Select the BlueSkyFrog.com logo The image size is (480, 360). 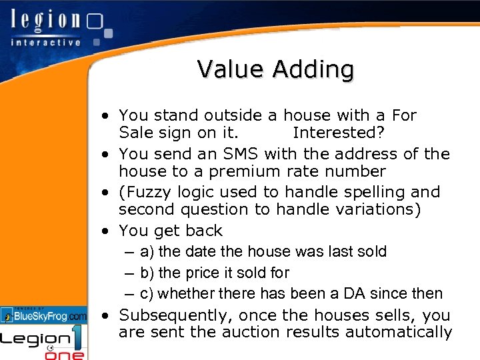pos(44,315)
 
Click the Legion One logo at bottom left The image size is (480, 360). pos(44,342)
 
